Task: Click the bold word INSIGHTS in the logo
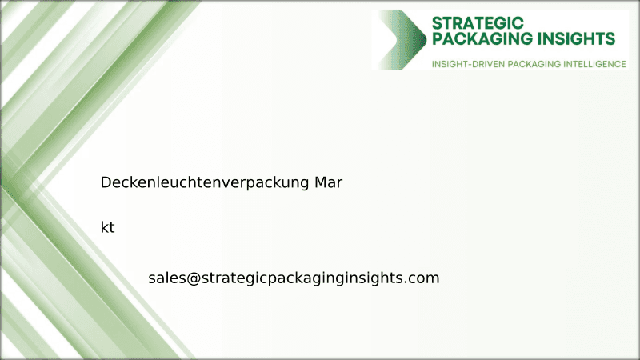[x=575, y=38]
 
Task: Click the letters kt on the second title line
[x=107, y=227]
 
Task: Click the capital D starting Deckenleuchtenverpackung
[x=106, y=182]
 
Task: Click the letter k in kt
[x=104, y=227]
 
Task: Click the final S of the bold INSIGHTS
[x=610, y=38]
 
